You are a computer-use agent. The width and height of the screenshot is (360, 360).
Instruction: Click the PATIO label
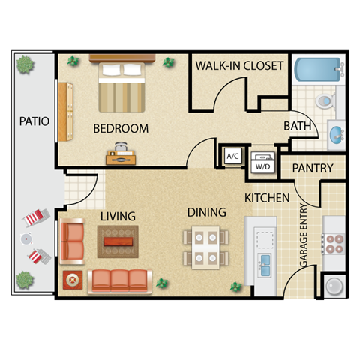pos(34,121)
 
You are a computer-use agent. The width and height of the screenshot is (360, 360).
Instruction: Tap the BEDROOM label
pos(121,128)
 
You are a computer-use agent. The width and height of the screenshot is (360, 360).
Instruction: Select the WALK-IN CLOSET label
pos(239,65)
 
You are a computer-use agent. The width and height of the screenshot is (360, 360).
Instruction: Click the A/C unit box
pos(232,157)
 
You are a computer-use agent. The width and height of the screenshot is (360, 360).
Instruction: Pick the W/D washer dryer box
pos(263,160)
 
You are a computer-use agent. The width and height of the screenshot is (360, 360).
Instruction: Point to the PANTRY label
pos(312,169)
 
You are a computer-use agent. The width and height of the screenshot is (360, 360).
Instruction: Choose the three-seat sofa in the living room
pos(119,280)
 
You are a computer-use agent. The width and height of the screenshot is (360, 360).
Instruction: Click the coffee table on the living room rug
pos(118,241)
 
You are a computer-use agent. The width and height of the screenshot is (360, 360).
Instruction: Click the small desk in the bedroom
pos(120,157)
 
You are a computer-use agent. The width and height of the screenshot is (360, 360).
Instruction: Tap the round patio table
pos(27,240)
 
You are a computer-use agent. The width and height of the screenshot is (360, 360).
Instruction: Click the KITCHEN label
pos(267,198)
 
